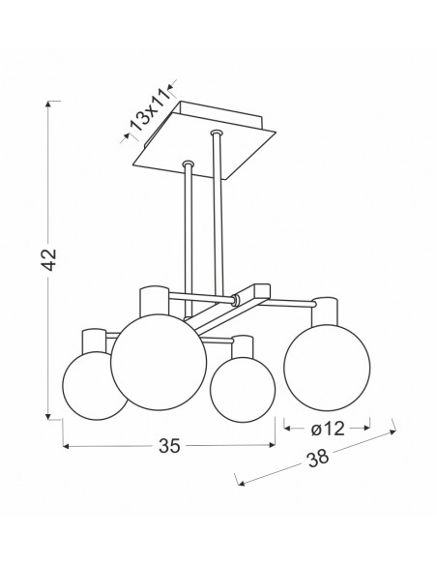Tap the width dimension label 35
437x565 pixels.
pyautogui.click(x=169, y=446)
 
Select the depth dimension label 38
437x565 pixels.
pyautogui.click(x=318, y=458)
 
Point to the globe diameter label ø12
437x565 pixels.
pyautogui.click(x=328, y=429)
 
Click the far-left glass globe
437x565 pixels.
pyautogui.click(x=95, y=386)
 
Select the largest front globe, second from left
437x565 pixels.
pyautogui.click(x=159, y=362)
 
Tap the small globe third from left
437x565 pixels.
pyautogui.click(x=243, y=390)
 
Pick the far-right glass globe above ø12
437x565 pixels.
pyautogui.click(x=327, y=368)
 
